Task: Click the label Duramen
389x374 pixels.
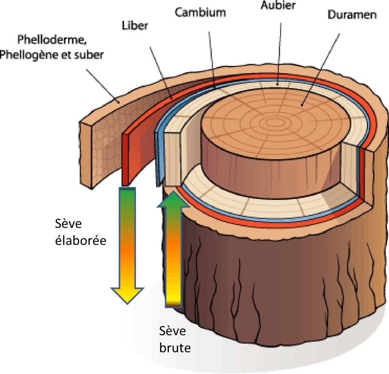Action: click(x=352, y=15)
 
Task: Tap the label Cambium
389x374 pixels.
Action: click(x=200, y=12)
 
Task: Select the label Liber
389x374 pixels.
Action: click(x=135, y=26)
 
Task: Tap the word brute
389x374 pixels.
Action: click(x=175, y=347)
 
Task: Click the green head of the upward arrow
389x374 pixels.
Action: click(x=174, y=199)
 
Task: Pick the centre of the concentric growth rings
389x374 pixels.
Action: click(x=272, y=122)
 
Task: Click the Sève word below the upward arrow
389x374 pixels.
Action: click(x=173, y=331)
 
